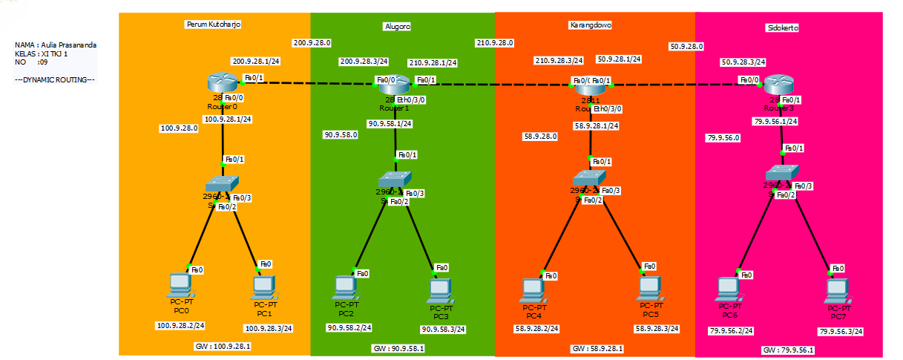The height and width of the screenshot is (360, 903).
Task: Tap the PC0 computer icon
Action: tap(180, 284)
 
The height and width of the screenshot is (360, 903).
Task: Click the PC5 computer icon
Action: tap(648, 286)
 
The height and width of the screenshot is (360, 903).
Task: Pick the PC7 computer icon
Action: tap(837, 289)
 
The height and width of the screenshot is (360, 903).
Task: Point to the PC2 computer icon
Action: tap(344, 286)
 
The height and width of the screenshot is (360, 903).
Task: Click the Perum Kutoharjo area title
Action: tap(213, 24)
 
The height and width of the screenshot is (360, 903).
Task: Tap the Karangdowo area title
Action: tap(590, 25)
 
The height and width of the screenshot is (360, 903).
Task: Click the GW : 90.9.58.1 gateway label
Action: tap(398, 349)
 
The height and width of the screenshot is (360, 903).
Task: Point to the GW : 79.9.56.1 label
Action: tap(788, 350)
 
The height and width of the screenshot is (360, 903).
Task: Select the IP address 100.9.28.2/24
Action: tap(180, 326)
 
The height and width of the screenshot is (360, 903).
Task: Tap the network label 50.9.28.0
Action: tap(686, 47)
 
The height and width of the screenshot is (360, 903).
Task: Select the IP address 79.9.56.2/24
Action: tap(731, 331)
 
